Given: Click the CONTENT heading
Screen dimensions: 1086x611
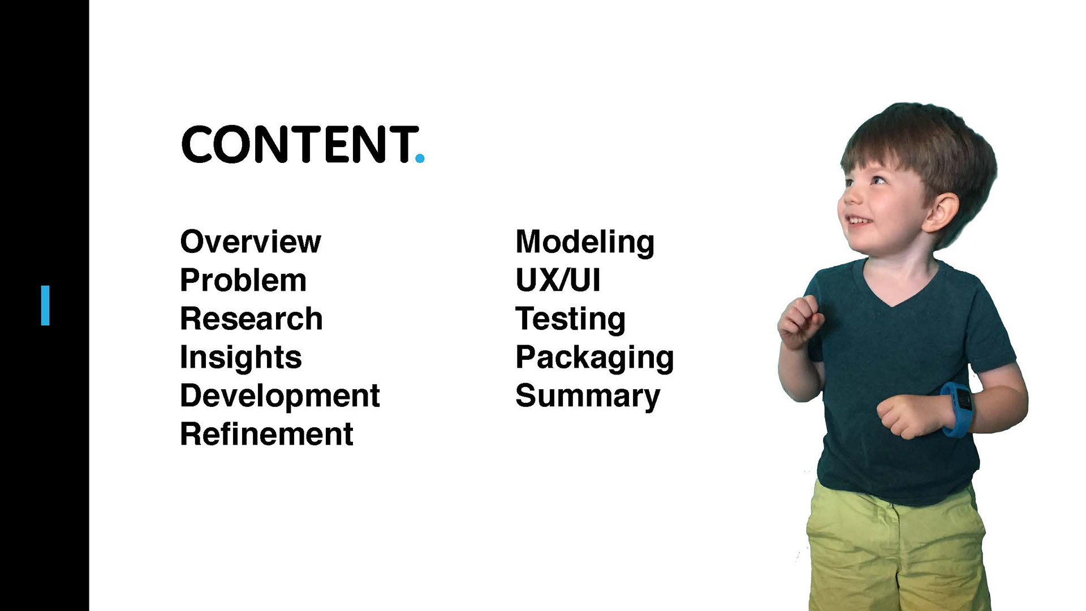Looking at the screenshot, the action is point(300,144).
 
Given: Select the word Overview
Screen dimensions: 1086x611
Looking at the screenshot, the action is point(251,242).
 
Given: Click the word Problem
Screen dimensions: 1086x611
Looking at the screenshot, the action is point(243,281).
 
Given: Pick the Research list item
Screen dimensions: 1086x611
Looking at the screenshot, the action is point(251,319).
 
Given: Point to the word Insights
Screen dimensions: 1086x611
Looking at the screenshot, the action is point(241,358).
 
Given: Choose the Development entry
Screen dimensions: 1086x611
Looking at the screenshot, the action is point(280,396).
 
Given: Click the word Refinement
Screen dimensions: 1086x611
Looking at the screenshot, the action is point(266,434).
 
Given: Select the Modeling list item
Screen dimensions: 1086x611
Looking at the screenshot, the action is point(585,243).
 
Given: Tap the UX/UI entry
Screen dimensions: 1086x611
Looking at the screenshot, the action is point(558,281).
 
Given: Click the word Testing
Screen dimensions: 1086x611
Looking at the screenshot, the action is point(570,320).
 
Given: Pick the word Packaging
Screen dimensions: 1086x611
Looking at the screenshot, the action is point(594,358).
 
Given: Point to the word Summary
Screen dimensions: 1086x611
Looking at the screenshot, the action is point(588,396).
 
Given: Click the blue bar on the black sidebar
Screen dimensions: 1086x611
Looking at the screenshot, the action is point(45,305).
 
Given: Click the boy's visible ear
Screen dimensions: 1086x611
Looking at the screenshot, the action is point(941,212).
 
